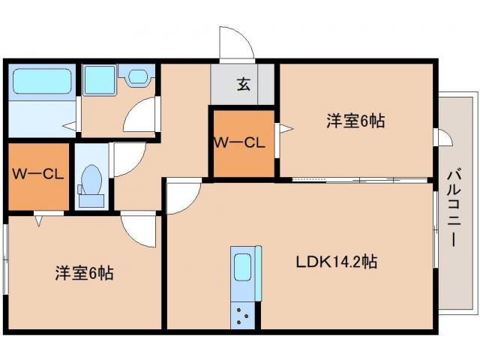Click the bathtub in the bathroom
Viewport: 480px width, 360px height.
click(41, 81)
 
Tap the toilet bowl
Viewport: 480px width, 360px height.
click(92, 181)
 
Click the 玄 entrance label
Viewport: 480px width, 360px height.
click(244, 84)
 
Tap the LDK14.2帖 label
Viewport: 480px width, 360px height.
click(335, 262)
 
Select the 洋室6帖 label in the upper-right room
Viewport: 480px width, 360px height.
click(355, 120)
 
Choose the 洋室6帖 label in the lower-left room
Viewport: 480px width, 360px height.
click(83, 273)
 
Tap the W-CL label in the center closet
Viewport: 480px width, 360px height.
click(240, 142)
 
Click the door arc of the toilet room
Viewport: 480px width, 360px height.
click(127, 159)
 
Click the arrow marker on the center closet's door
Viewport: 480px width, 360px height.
click(283, 129)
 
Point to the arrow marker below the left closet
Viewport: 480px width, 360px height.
click(38, 220)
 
